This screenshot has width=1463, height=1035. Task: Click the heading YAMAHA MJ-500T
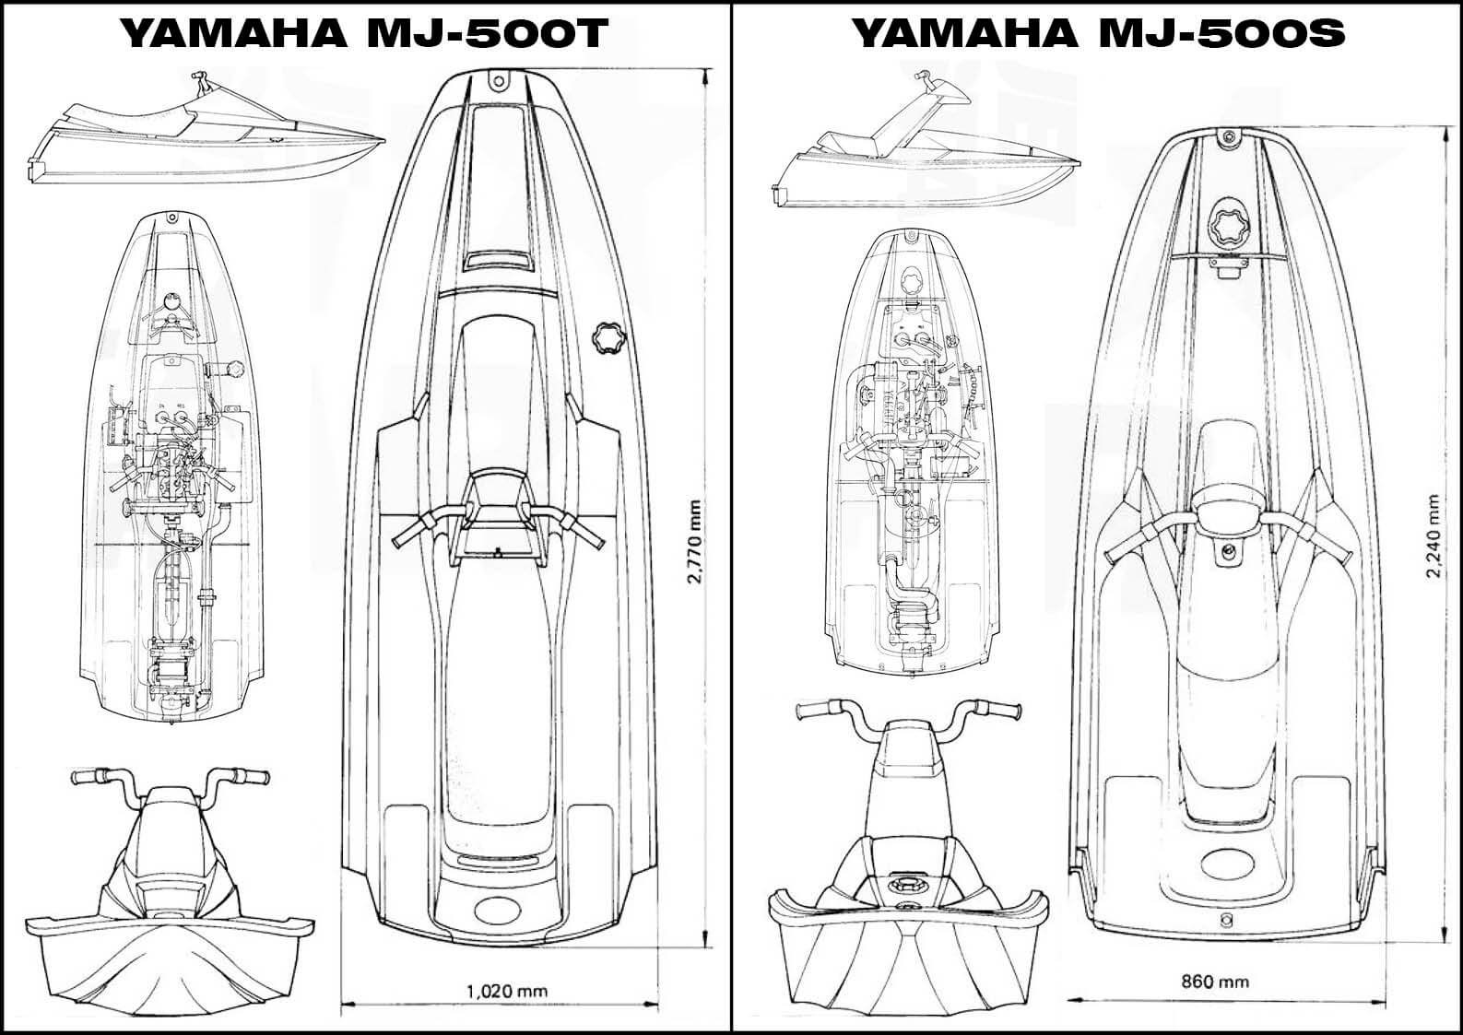(364, 33)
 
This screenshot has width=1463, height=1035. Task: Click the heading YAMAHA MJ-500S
(1097, 33)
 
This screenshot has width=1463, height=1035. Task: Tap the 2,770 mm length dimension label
(694, 542)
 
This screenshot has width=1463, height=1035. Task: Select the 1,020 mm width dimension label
(506, 992)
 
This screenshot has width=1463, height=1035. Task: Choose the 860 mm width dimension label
(1215, 982)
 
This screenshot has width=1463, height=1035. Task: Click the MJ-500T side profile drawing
(207, 138)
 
